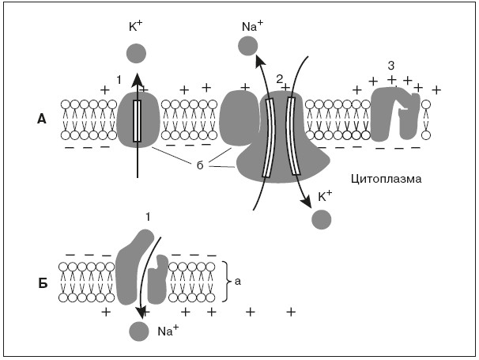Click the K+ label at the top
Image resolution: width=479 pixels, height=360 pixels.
pos(135,26)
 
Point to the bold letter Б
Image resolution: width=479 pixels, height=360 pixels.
pos(41,282)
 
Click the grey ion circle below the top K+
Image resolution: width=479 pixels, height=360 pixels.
pos(136,54)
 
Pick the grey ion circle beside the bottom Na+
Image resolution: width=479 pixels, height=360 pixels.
pos(140,334)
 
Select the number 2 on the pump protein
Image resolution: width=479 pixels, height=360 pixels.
pos(278,78)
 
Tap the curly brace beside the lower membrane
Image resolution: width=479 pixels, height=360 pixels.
pos(228,280)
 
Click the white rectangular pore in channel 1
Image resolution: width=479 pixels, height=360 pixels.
pos(137,121)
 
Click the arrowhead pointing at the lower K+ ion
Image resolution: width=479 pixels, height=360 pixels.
pos(305,206)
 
